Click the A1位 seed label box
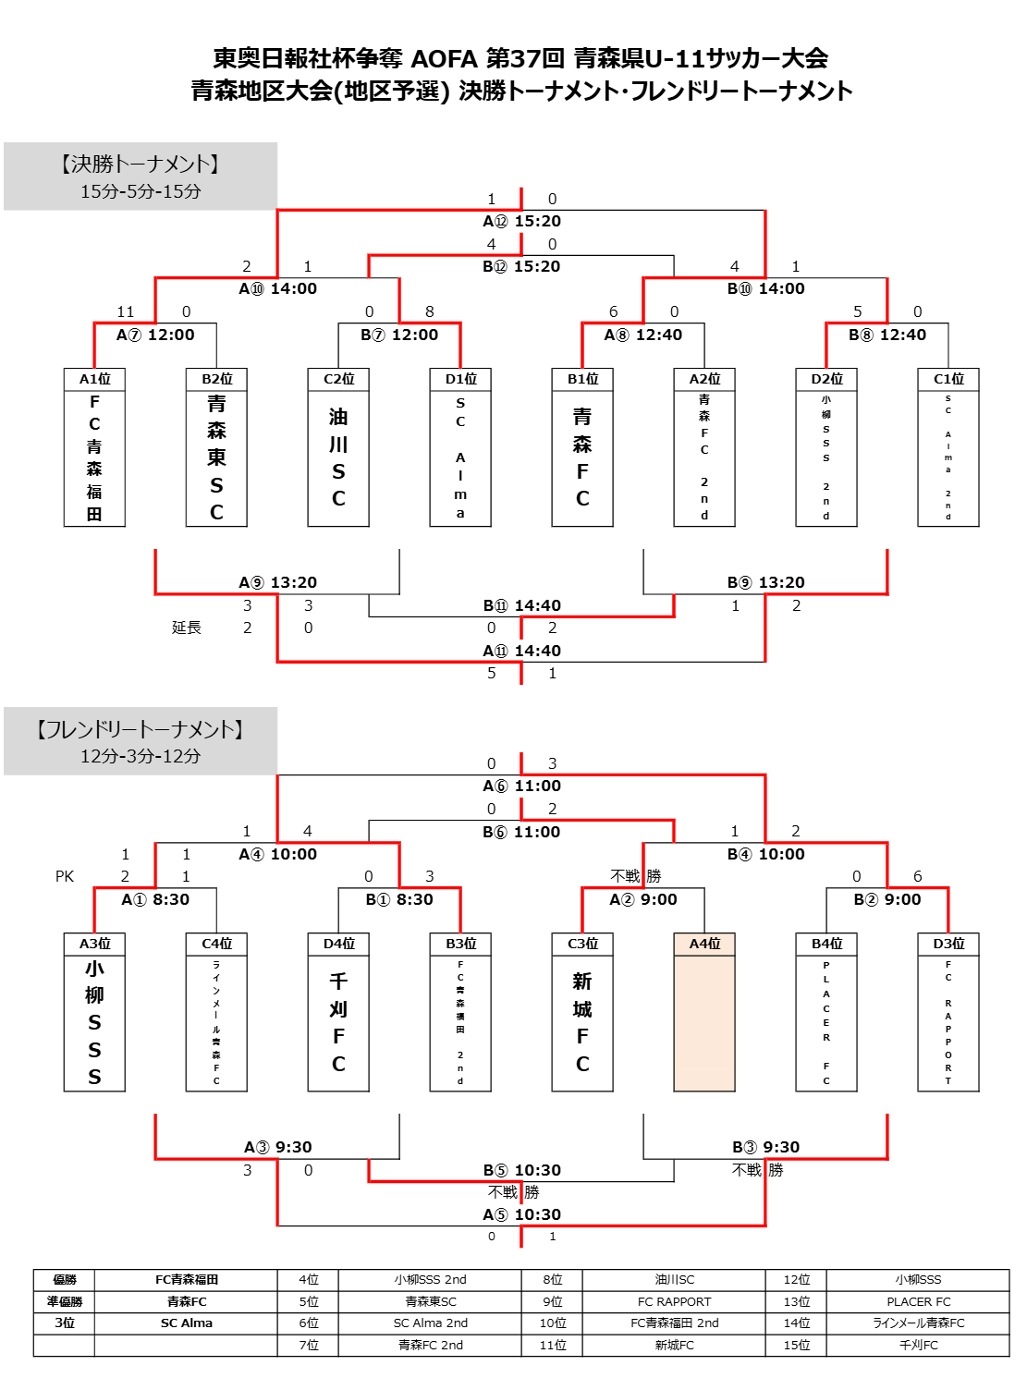[94, 379]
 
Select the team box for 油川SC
[338, 457]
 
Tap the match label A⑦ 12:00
[155, 335]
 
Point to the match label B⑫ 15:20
[521, 266]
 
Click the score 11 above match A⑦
[126, 311]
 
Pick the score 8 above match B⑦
[429, 311]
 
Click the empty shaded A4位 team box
[704, 1023]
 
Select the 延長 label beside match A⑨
[186, 628]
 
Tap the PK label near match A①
[65, 876]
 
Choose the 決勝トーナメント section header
[141, 165]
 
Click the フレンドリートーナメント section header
[141, 730]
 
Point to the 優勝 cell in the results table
[65, 1280]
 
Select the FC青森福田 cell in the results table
[187, 1280]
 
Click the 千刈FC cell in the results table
[918, 1346]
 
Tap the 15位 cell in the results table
[796, 1346]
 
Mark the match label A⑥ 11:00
[521, 786]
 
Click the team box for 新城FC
[582, 1023]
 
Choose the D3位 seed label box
[948, 944]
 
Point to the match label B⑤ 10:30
[521, 1170]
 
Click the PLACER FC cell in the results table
[918, 1302]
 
